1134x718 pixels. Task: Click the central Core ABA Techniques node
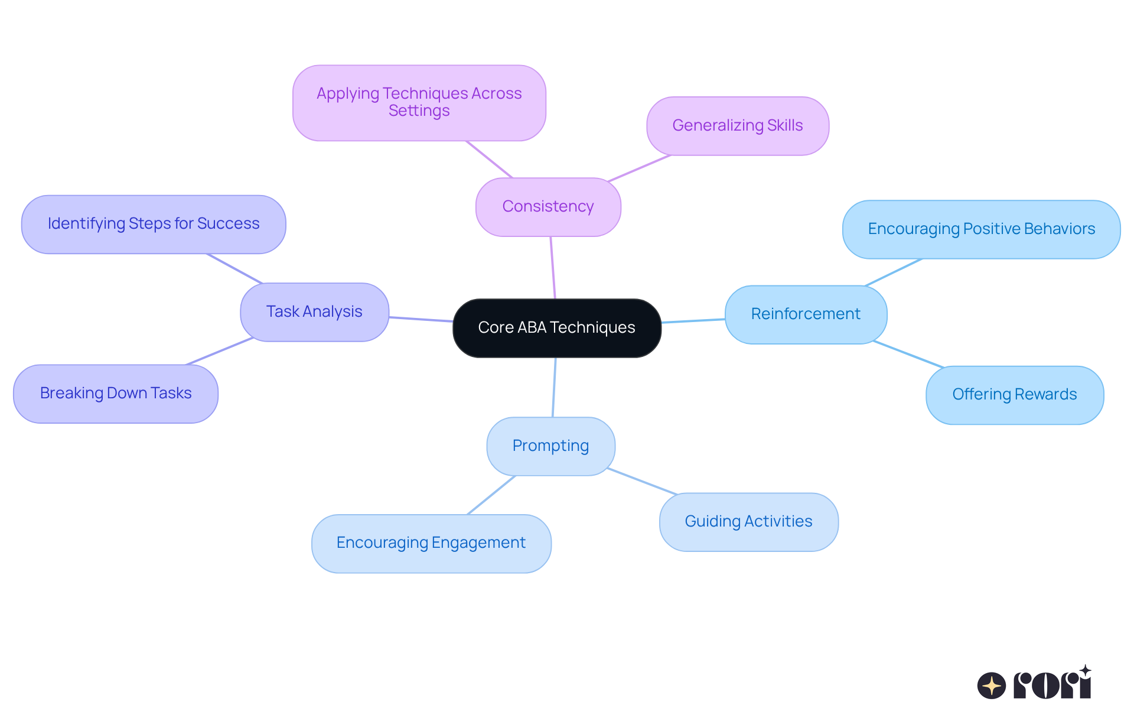pos(556,327)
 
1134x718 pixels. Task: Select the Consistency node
pos(548,206)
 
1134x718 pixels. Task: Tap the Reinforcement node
pos(805,314)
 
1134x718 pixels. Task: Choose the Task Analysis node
pos(314,311)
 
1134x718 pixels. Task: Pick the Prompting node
pos(550,446)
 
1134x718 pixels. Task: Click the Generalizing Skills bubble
pos(737,125)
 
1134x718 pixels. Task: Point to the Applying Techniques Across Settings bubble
pos(419,102)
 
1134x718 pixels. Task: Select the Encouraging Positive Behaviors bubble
pos(981,229)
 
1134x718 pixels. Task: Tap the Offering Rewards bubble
pos(1014,394)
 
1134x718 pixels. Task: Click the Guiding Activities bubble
pos(748,521)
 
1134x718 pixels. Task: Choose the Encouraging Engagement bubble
pos(431,542)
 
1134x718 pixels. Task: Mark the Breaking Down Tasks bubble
pos(116,393)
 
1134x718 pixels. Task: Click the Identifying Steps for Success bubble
pos(154,223)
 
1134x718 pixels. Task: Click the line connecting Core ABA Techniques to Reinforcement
pos(693,321)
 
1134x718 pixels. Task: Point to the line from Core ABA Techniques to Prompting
pos(554,387)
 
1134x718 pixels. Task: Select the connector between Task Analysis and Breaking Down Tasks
pos(220,352)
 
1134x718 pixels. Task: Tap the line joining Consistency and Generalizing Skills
pos(639,168)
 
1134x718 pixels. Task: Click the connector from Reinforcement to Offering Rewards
pos(908,355)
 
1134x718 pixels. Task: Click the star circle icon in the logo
pos(991,685)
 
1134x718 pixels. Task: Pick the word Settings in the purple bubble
pos(419,111)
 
